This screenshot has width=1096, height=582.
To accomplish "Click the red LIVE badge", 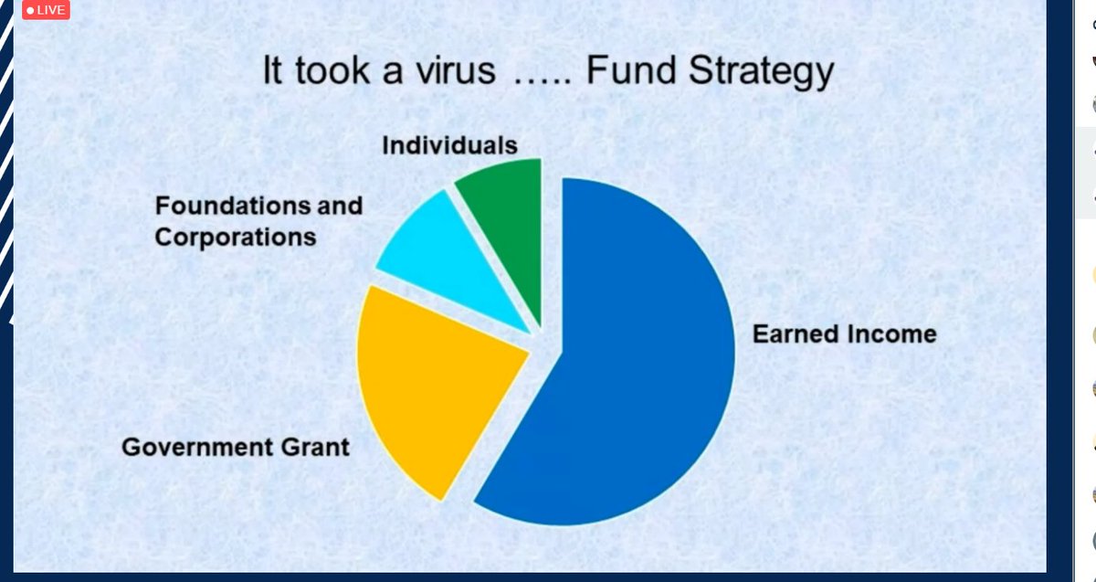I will [45, 10].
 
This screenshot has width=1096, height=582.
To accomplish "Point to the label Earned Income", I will [844, 333].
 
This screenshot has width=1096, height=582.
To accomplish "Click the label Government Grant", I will [236, 448].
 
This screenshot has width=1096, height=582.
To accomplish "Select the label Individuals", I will [449, 144].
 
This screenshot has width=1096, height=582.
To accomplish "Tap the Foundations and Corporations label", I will [258, 221].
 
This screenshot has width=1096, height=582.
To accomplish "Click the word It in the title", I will [274, 70].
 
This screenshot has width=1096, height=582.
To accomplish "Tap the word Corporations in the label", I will [235, 238].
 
